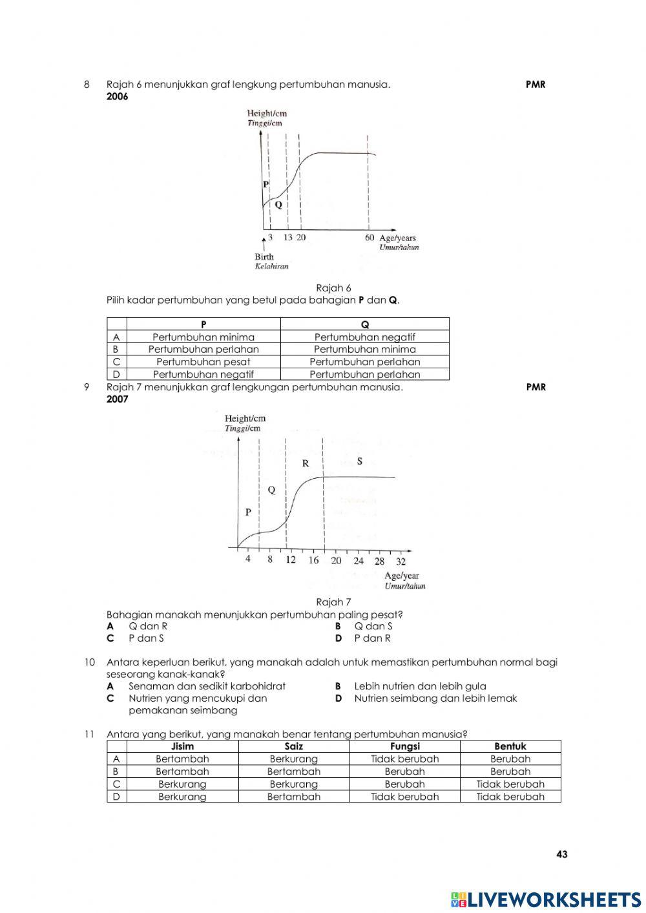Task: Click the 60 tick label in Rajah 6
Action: pos(369,238)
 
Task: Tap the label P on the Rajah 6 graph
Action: pos(266,184)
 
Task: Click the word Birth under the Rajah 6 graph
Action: pos(264,257)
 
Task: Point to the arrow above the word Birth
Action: pos(264,243)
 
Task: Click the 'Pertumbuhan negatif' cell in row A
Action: pos(364,337)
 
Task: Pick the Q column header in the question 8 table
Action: pos(364,324)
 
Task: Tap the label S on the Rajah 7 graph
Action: pos(360,461)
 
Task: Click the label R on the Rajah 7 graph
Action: pos(306,463)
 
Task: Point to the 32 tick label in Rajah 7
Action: pos(401,561)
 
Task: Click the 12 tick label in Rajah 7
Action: pos(291,560)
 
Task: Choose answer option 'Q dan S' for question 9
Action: pos(373,626)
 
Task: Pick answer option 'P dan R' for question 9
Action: pos(372,638)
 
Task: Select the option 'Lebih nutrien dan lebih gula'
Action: pos(420,686)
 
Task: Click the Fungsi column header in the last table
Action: pos(404,746)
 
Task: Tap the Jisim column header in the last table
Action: pos(182,746)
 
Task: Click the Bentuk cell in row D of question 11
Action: pos(510,797)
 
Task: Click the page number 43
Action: pos(561,854)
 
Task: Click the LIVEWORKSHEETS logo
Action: pos(546,899)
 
